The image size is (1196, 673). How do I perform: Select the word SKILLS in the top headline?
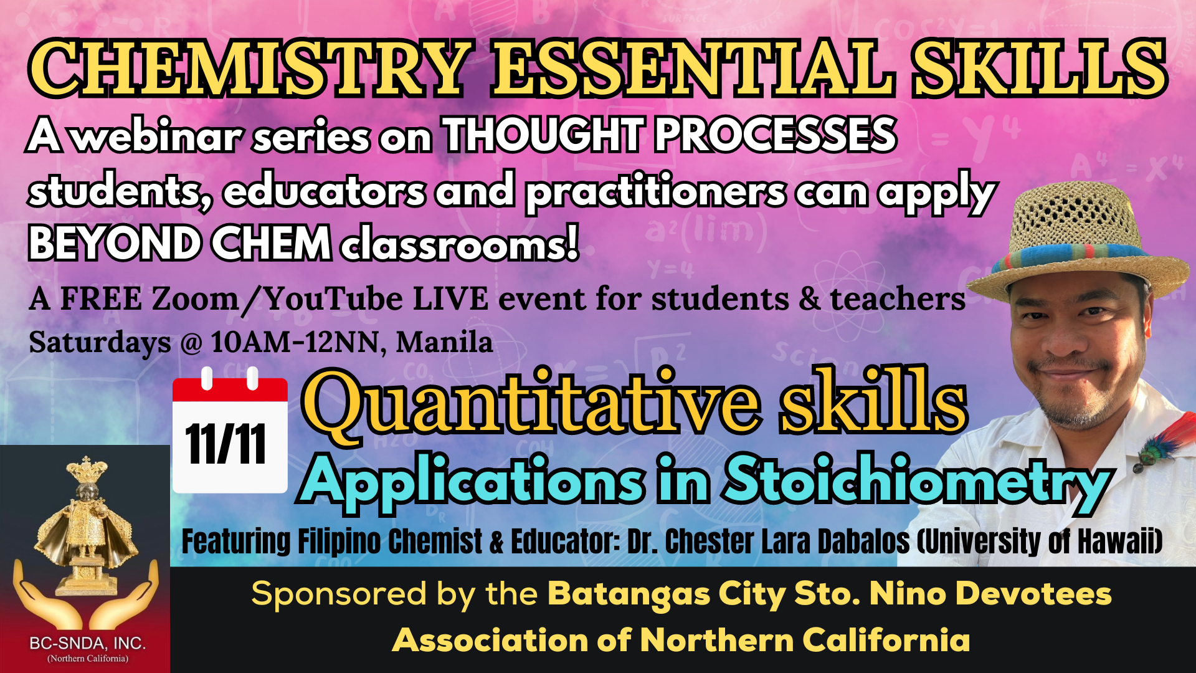pyautogui.click(x=1039, y=69)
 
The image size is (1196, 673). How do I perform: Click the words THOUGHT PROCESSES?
pyautogui.click(x=669, y=135)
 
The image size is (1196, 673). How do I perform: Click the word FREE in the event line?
pyautogui.click(x=101, y=298)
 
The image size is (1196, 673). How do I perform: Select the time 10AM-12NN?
pyautogui.click(x=295, y=342)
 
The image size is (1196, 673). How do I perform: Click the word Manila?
pyautogui.click(x=444, y=342)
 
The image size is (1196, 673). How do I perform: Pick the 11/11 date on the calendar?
pyautogui.click(x=226, y=444)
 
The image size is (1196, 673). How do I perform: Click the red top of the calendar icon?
pyautogui.click(x=230, y=388)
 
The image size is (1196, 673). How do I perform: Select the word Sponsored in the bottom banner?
pyautogui.click(x=339, y=594)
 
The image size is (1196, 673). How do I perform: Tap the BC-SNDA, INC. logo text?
pyautogui.click(x=87, y=643)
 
